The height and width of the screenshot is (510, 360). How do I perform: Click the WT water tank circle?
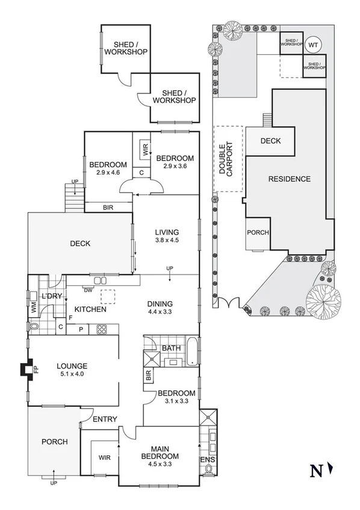[312, 45]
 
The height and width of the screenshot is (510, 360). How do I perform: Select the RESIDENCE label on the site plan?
[289, 179]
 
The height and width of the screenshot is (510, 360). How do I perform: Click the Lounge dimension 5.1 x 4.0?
[72, 375]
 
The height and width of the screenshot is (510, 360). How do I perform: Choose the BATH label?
[171, 348]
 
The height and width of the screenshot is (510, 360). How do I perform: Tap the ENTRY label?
[105, 420]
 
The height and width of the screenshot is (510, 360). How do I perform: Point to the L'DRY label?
[52, 296]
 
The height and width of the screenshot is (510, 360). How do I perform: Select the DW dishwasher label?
[89, 290]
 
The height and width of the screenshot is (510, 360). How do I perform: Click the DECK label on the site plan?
[270, 141]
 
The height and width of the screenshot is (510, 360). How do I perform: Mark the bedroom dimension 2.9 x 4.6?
[108, 172]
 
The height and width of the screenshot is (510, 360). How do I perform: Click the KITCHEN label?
[91, 309]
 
